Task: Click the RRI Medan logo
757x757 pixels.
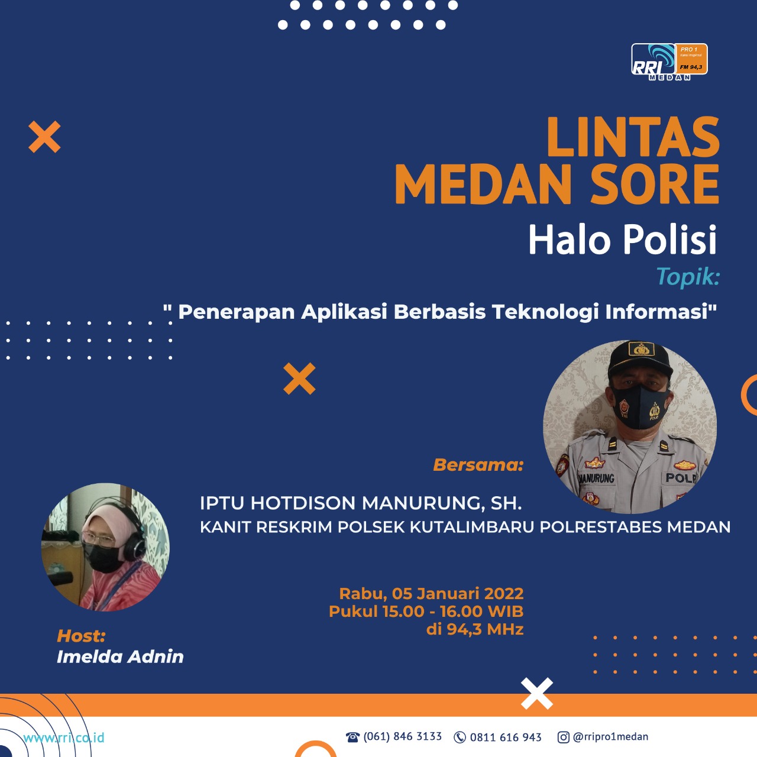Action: (x=669, y=62)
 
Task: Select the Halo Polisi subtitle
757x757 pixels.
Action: (x=623, y=240)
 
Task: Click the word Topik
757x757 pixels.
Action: (x=688, y=277)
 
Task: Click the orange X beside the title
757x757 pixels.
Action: (x=44, y=137)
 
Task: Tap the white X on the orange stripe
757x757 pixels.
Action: (x=536, y=693)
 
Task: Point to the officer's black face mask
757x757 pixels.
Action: (x=640, y=407)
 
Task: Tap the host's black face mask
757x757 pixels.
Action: (x=103, y=558)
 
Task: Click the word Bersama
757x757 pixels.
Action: (x=478, y=465)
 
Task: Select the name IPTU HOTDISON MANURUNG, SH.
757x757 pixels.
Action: (x=361, y=503)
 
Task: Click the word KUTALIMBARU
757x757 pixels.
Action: (x=472, y=527)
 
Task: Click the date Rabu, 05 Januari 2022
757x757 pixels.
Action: (x=431, y=594)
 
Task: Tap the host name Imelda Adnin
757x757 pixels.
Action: (x=120, y=657)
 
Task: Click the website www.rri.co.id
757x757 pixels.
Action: (x=64, y=737)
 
